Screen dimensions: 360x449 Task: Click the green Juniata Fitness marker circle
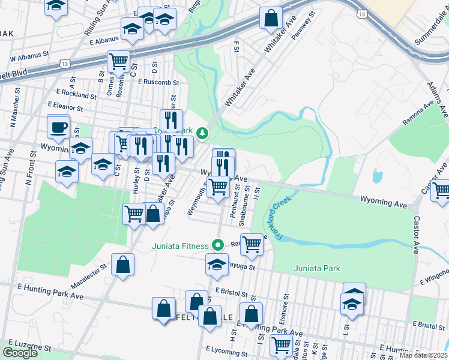click(x=219, y=245)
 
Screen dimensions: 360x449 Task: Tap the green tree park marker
click(x=203, y=133)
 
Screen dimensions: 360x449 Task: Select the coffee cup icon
click(x=59, y=128)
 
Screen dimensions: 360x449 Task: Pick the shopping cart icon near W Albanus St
click(x=119, y=61)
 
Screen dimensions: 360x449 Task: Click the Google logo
click(x=20, y=353)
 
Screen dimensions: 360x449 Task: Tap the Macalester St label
click(x=89, y=269)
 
